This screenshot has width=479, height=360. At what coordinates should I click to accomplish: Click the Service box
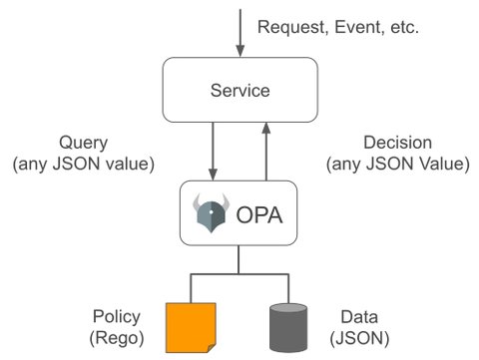[x=239, y=90]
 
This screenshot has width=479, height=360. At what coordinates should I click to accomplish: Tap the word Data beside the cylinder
[x=361, y=316]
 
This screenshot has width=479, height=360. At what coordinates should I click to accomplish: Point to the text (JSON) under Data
[x=361, y=337]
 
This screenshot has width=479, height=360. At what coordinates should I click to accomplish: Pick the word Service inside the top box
[x=239, y=90]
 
